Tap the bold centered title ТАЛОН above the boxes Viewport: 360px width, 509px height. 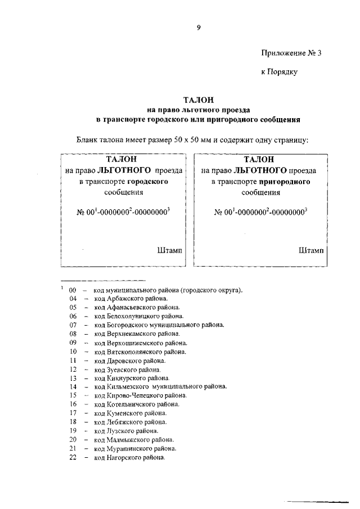198,99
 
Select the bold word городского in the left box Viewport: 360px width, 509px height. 148,182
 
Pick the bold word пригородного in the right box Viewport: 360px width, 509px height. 285,182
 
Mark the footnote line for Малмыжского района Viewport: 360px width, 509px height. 134,440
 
